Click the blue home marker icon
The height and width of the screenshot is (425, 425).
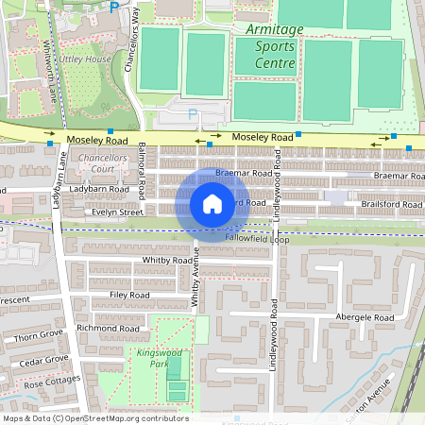click(212, 203)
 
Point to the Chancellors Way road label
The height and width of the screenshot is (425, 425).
click(133, 40)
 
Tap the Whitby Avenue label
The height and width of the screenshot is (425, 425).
click(196, 284)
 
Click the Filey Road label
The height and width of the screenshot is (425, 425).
click(129, 295)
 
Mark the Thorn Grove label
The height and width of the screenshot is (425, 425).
click(39, 335)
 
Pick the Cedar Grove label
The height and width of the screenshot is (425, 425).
click(45, 360)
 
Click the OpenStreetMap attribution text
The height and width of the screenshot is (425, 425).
click(95, 418)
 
